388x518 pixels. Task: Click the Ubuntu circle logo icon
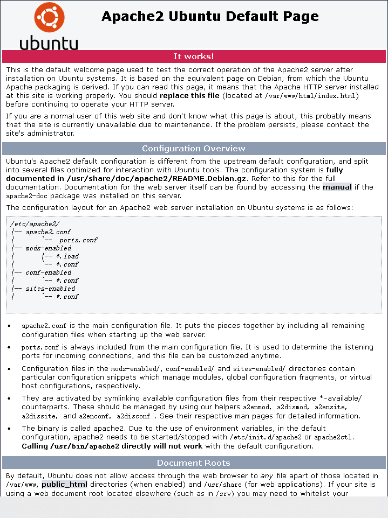tap(49, 17)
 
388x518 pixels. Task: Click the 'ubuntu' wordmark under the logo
tap(49, 43)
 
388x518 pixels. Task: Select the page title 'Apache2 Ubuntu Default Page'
tap(210, 17)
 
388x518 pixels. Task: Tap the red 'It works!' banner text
tap(194, 56)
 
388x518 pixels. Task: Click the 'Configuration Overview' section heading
tap(194, 149)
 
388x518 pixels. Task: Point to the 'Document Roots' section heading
tap(194, 463)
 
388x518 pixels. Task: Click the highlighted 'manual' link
tap(337, 187)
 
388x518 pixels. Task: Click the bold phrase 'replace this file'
tap(189, 96)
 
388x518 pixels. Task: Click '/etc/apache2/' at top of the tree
tap(28, 224)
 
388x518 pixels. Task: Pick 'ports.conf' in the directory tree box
tap(78, 240)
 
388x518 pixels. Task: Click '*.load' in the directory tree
tap(67, 256)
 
